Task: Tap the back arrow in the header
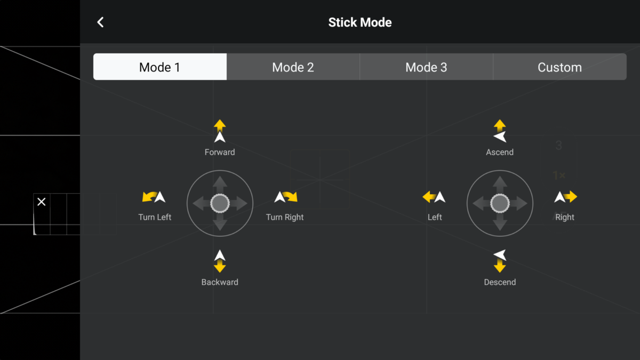[100, 22]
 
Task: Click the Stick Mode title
[359, 22]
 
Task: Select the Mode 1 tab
[159, 67]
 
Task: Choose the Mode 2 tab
[293, 67]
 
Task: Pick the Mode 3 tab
[426, 67]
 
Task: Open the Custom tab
[559, 67]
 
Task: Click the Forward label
[220, 152]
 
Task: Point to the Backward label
[220, 282]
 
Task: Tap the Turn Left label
[155, 217]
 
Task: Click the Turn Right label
[285, 217]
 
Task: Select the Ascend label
[500, 152]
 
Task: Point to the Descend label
[500, 282]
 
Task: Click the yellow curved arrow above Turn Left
[149, 196]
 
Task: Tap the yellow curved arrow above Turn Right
[291, 196]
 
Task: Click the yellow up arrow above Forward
[220, 125]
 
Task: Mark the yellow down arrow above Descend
[500, 266]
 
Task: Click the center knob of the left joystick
[220, 203]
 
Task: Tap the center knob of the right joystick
[500, 203]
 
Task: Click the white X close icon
[42, 202]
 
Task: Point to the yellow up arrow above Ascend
[500, 125]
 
